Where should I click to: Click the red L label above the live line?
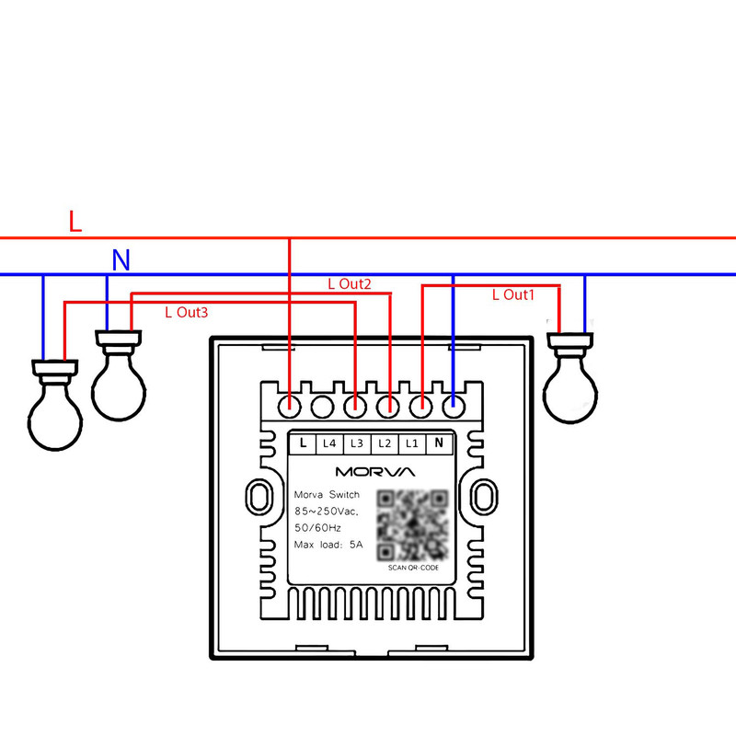(x=75, y=221)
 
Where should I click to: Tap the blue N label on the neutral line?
(x=121, y=261)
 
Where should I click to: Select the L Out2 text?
(x=350, y=284)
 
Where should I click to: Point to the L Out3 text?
(x=186, y=313)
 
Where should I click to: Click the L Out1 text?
(x=512, y=295)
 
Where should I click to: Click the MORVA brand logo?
(x=374, y=471)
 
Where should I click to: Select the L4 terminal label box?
(x=329, y=443)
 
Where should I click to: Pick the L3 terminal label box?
(x=357, y=443)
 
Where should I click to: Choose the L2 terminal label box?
(x=385, y=443)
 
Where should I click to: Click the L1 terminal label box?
(x=412, y=443)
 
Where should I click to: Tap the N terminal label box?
(x=440, y=443)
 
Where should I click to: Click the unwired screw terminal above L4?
(x=322, y=404)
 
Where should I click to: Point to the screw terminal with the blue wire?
(x=453, y=404)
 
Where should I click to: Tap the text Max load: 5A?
(x=328, y=545)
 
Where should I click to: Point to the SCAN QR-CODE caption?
(x=413, y=568)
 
